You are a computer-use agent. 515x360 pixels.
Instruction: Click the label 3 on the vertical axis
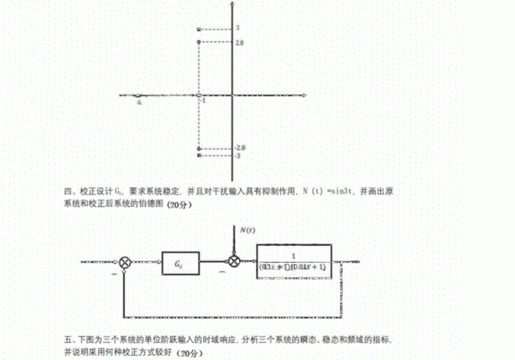[x=237, y=28]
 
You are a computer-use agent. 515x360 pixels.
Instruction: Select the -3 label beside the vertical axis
[x=238, y=155]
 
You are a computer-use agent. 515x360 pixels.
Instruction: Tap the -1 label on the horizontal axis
[x=204, y=101]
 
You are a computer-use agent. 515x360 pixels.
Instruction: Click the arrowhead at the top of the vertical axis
[x=231, y=3]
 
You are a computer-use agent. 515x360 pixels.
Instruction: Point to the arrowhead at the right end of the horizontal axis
[x=305, y=94]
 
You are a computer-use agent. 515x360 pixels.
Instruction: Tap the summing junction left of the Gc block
[x=126, y=263]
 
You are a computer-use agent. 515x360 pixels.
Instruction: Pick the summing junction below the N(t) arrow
[x=233, y=263]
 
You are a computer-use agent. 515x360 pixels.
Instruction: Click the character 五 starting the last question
[x=68, y=340]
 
